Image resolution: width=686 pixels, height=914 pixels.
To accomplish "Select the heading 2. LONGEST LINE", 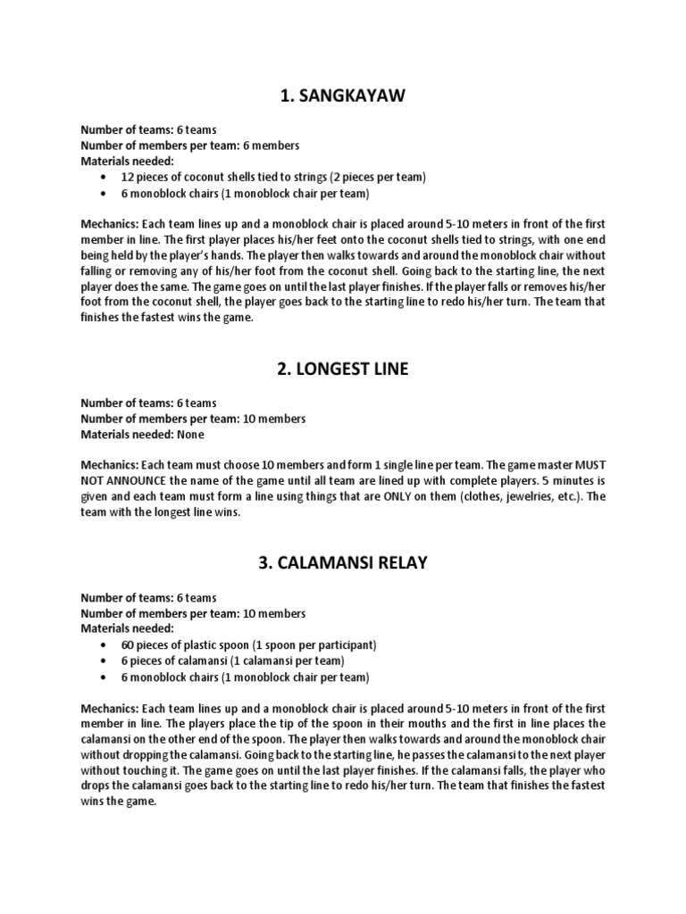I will pyautogui.click(x=343, y=369).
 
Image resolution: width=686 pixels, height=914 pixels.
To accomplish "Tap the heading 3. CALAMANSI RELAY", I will pyautogui.click(x=343, y=563).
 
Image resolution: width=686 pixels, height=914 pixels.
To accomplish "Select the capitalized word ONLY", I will pyautogui.click(x=422, y=497).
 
